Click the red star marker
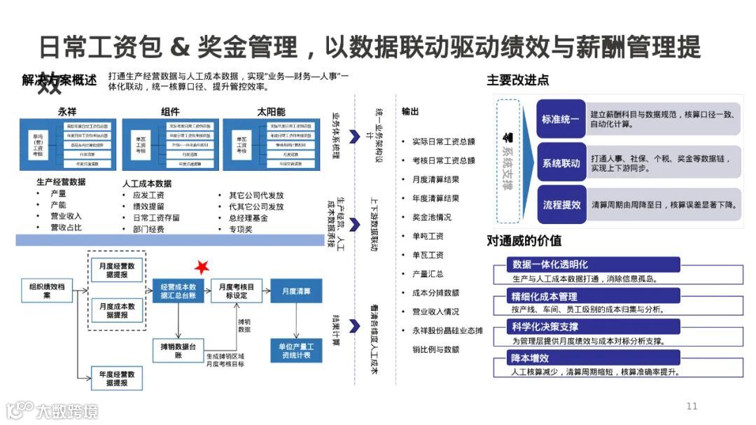tap(202, 266)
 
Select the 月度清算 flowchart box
tap(296, 291)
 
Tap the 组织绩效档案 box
tap(48, 291)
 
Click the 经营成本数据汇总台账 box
tap(178, 291)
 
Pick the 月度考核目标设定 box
tap(237, 291)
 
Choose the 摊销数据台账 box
tap(178, 350)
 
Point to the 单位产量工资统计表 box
tap(296, 351)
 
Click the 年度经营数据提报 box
tap(117, 378)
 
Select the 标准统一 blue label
tap(561, 120)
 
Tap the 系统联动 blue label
tap(561, 163)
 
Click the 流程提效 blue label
tap(561, 205)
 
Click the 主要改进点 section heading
tap(517, 81)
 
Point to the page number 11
tap(692, 406)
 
